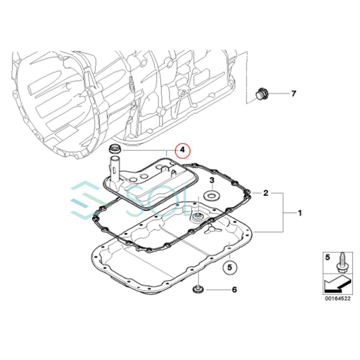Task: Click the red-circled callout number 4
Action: pyautogui.click(x=182, y=151)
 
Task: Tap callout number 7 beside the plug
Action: pyautogui.click(x=294, y=94)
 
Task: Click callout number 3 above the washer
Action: pyautogui.click(x=212, y=180)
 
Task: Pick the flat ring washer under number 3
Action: pyautogui.click(x=212, y=196)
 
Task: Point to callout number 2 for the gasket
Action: pyautogui.click(x=266, y=194)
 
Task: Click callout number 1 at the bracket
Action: pyautogui.click(x=300, y=213)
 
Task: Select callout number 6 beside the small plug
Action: pyautogui.click(x=234, y=289)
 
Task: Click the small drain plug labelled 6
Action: pyautogui.click(x=197, y=289)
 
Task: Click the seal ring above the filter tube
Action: pyautogui.click(x=115, y=150)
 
